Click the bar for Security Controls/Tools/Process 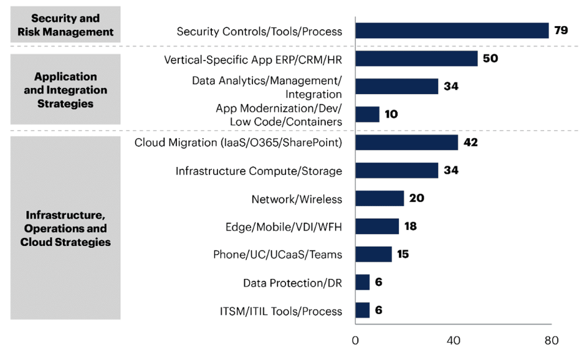tap(452, 31)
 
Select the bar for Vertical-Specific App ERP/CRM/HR tap(416, 59)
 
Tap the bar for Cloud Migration tap(406, 143)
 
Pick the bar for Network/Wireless tap(379, 199)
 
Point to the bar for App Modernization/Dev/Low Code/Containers tap(367, 115)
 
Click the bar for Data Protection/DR tap(363, 283)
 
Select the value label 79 tap(561, 31)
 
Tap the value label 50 tap(490, 59)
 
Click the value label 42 tap(470, 143)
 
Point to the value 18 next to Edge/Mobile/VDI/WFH tap(411, 227)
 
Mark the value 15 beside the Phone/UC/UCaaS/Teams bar tap(403, 255)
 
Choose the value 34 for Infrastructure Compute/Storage tap(451, 171)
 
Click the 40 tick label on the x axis tap(453, 341)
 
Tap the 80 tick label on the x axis tap(551, 341)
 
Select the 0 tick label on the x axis tap(355, 341)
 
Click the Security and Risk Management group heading tap(65, 25)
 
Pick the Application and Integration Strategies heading tap(65, 90)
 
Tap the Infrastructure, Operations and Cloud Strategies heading tap(65, 229)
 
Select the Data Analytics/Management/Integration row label tap(267, 87)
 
